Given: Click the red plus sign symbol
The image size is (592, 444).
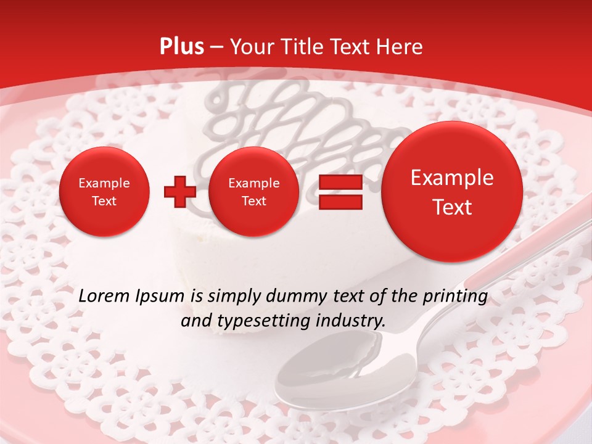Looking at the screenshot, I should click(179, 192).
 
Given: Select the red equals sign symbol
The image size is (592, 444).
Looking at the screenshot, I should click(340, 192).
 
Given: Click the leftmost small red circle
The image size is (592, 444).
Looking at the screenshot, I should click(104, 192).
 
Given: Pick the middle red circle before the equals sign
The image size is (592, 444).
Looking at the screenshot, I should click(253, 192).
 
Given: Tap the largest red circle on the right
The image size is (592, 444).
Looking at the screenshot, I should click(452, 192).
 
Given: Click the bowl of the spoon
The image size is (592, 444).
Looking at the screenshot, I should click(321, 379).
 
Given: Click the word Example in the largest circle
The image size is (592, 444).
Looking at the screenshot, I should click(452, 178).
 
